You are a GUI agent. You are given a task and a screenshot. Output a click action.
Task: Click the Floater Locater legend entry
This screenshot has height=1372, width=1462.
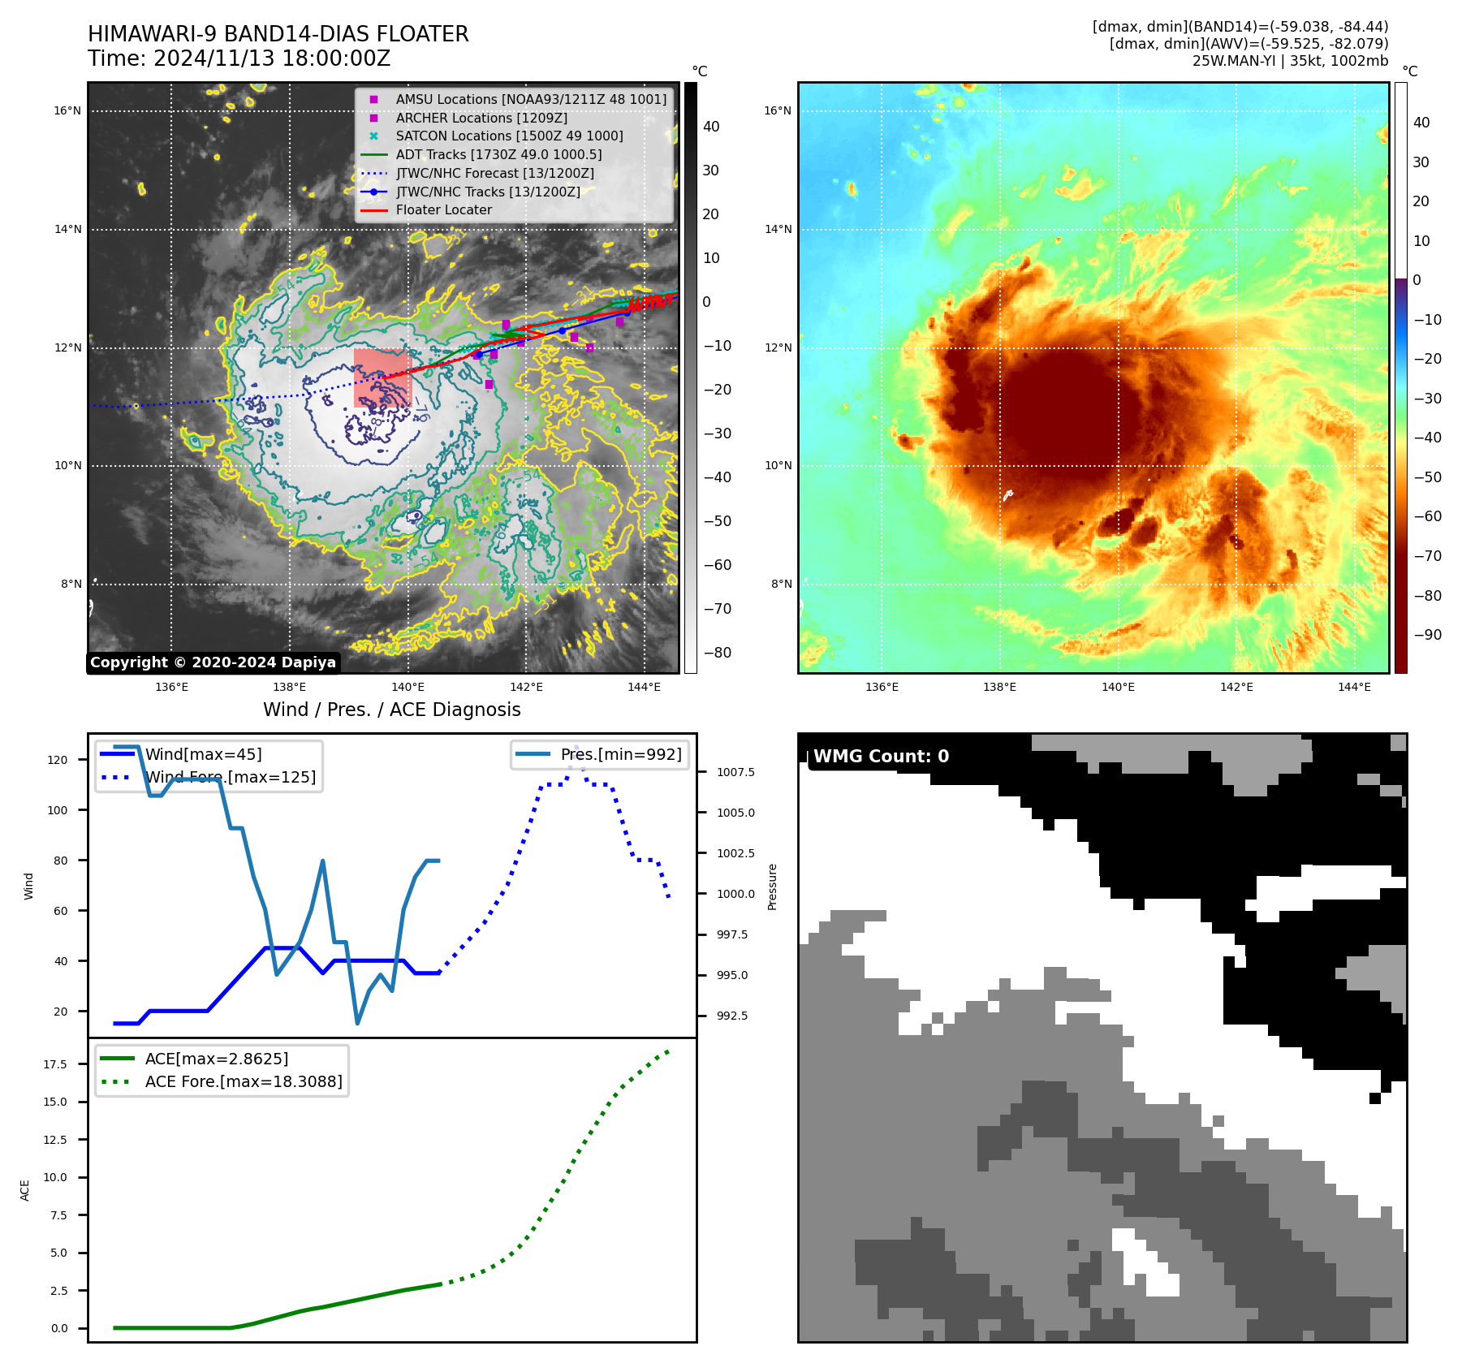tap(443, 210)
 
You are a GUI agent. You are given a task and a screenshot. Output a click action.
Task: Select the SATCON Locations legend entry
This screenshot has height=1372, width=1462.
tap(509, 136)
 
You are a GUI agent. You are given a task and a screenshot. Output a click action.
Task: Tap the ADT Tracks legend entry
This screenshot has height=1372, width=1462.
tap(498, 155)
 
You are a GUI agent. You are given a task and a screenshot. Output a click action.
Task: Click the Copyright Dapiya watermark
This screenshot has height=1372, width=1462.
tap(213, 662)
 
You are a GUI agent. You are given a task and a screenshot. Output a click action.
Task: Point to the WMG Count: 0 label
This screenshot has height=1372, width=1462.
tap(881, 757)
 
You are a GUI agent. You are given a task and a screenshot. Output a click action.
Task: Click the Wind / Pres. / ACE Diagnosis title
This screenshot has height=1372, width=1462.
tap(391, 710)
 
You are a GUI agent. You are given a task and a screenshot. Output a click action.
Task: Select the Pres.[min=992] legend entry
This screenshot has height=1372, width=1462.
tap(620, 755)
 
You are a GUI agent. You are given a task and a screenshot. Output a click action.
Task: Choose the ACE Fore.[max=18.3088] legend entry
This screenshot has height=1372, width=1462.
tap(243, 1082)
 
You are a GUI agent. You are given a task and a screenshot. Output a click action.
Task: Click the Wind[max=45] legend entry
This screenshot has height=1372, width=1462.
tap(203, 755)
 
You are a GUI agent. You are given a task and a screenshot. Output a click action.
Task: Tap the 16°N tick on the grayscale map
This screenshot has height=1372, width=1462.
tap(67, 111)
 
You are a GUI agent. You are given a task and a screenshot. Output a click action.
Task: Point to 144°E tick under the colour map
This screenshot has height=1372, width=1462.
tap(1354, 688)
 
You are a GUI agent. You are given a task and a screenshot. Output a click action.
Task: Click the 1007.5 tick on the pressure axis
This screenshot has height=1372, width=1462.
tap(735, 772)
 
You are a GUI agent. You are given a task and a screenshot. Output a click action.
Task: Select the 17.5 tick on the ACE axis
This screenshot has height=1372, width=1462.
tap(56, 1064)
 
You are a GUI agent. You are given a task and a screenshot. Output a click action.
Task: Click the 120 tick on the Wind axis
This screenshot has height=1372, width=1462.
tap(58, 761)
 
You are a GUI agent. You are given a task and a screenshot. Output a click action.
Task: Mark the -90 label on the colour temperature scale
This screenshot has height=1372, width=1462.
tap(1427, 635)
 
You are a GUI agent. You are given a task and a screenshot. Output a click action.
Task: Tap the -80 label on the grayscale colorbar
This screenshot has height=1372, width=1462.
tap(717, 653)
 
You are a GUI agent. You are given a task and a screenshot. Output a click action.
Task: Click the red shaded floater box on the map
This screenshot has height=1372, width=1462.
tap(382, 378)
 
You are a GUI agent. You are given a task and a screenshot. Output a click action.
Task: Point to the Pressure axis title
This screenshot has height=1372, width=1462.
tap(773, 887)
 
